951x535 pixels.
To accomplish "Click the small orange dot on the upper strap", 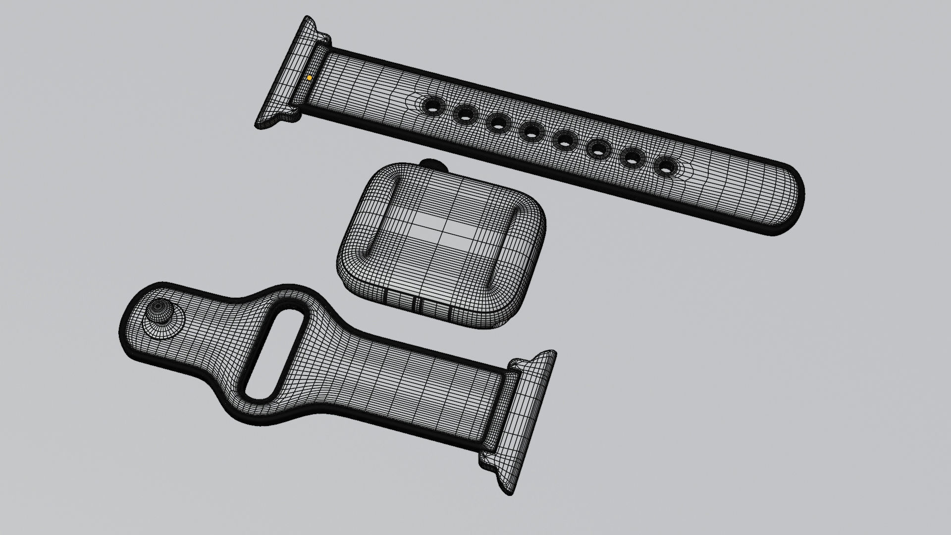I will (309, 78).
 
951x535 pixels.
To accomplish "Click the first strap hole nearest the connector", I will (432, 106).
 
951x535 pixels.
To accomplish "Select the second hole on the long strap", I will (465, 115).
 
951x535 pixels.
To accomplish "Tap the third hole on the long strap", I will (498, 123).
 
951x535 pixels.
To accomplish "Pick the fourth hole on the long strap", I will (531, 132).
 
